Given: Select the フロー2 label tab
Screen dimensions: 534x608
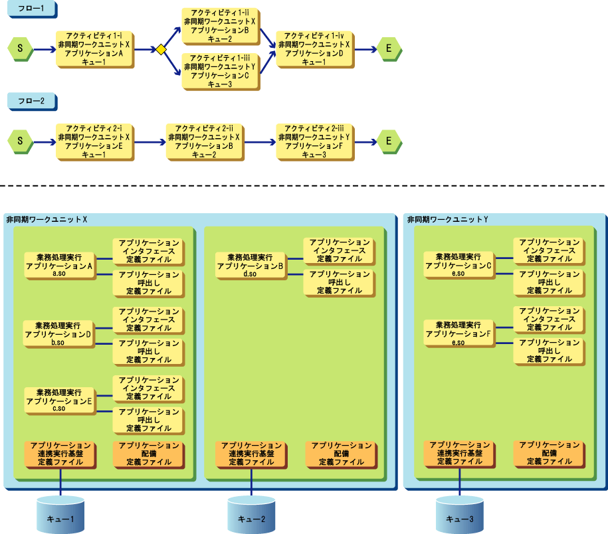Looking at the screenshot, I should pyautogui.click(x=31, y=101).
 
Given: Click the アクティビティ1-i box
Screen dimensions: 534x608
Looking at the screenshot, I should pyautogui.click(x=94, y=49).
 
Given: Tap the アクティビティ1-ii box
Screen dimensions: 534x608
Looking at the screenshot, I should pyautogui.click(x=219, y=26).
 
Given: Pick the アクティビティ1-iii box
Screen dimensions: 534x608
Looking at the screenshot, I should pyautogui.click(x=219, y=71).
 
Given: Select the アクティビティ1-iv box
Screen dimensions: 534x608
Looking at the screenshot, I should pyautogui.click(x=314, y=48).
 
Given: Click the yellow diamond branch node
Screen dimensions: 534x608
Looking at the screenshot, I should pyautogui.click(x=160, y=49).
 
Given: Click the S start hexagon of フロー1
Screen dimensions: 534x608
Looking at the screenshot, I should pyautogui.click(x=20, y=49).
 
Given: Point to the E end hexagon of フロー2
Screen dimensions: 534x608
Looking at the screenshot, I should pyautogui.click(x=389, y=141).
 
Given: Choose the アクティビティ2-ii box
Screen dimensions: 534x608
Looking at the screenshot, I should pyautogui.click(x=203, y=141).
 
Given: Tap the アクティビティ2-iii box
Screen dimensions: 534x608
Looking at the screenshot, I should pyautogui.click(x=314, y=141).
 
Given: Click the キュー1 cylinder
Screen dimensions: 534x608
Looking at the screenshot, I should pyautogui.click(x=60, y=515).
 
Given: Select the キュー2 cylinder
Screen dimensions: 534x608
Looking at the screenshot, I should pyautogui.click(x=251, y=515).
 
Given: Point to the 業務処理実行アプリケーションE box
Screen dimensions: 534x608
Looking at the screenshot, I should pyautogui.click(x=58, y=400).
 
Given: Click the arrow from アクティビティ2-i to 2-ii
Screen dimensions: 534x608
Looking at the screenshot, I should pyautogui.click(x=150, y=141).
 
